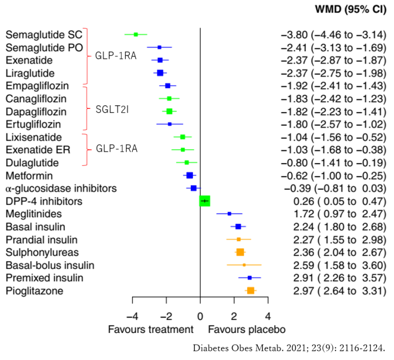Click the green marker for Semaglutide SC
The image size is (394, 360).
point(136,34)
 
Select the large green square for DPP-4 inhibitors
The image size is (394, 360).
point(205,201)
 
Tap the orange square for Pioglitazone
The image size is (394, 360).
point(251,290)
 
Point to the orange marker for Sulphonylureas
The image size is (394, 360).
point(240,252)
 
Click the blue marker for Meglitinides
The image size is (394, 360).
point(229,214)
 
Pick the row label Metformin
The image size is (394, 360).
point(25,175)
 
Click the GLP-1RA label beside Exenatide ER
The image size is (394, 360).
point(116,149)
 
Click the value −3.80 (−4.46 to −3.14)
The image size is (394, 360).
point(333,35)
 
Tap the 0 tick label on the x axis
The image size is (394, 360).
point(200,316)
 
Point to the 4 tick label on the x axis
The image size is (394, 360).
point(268,316)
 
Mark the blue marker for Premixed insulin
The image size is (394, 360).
point(250,278)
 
